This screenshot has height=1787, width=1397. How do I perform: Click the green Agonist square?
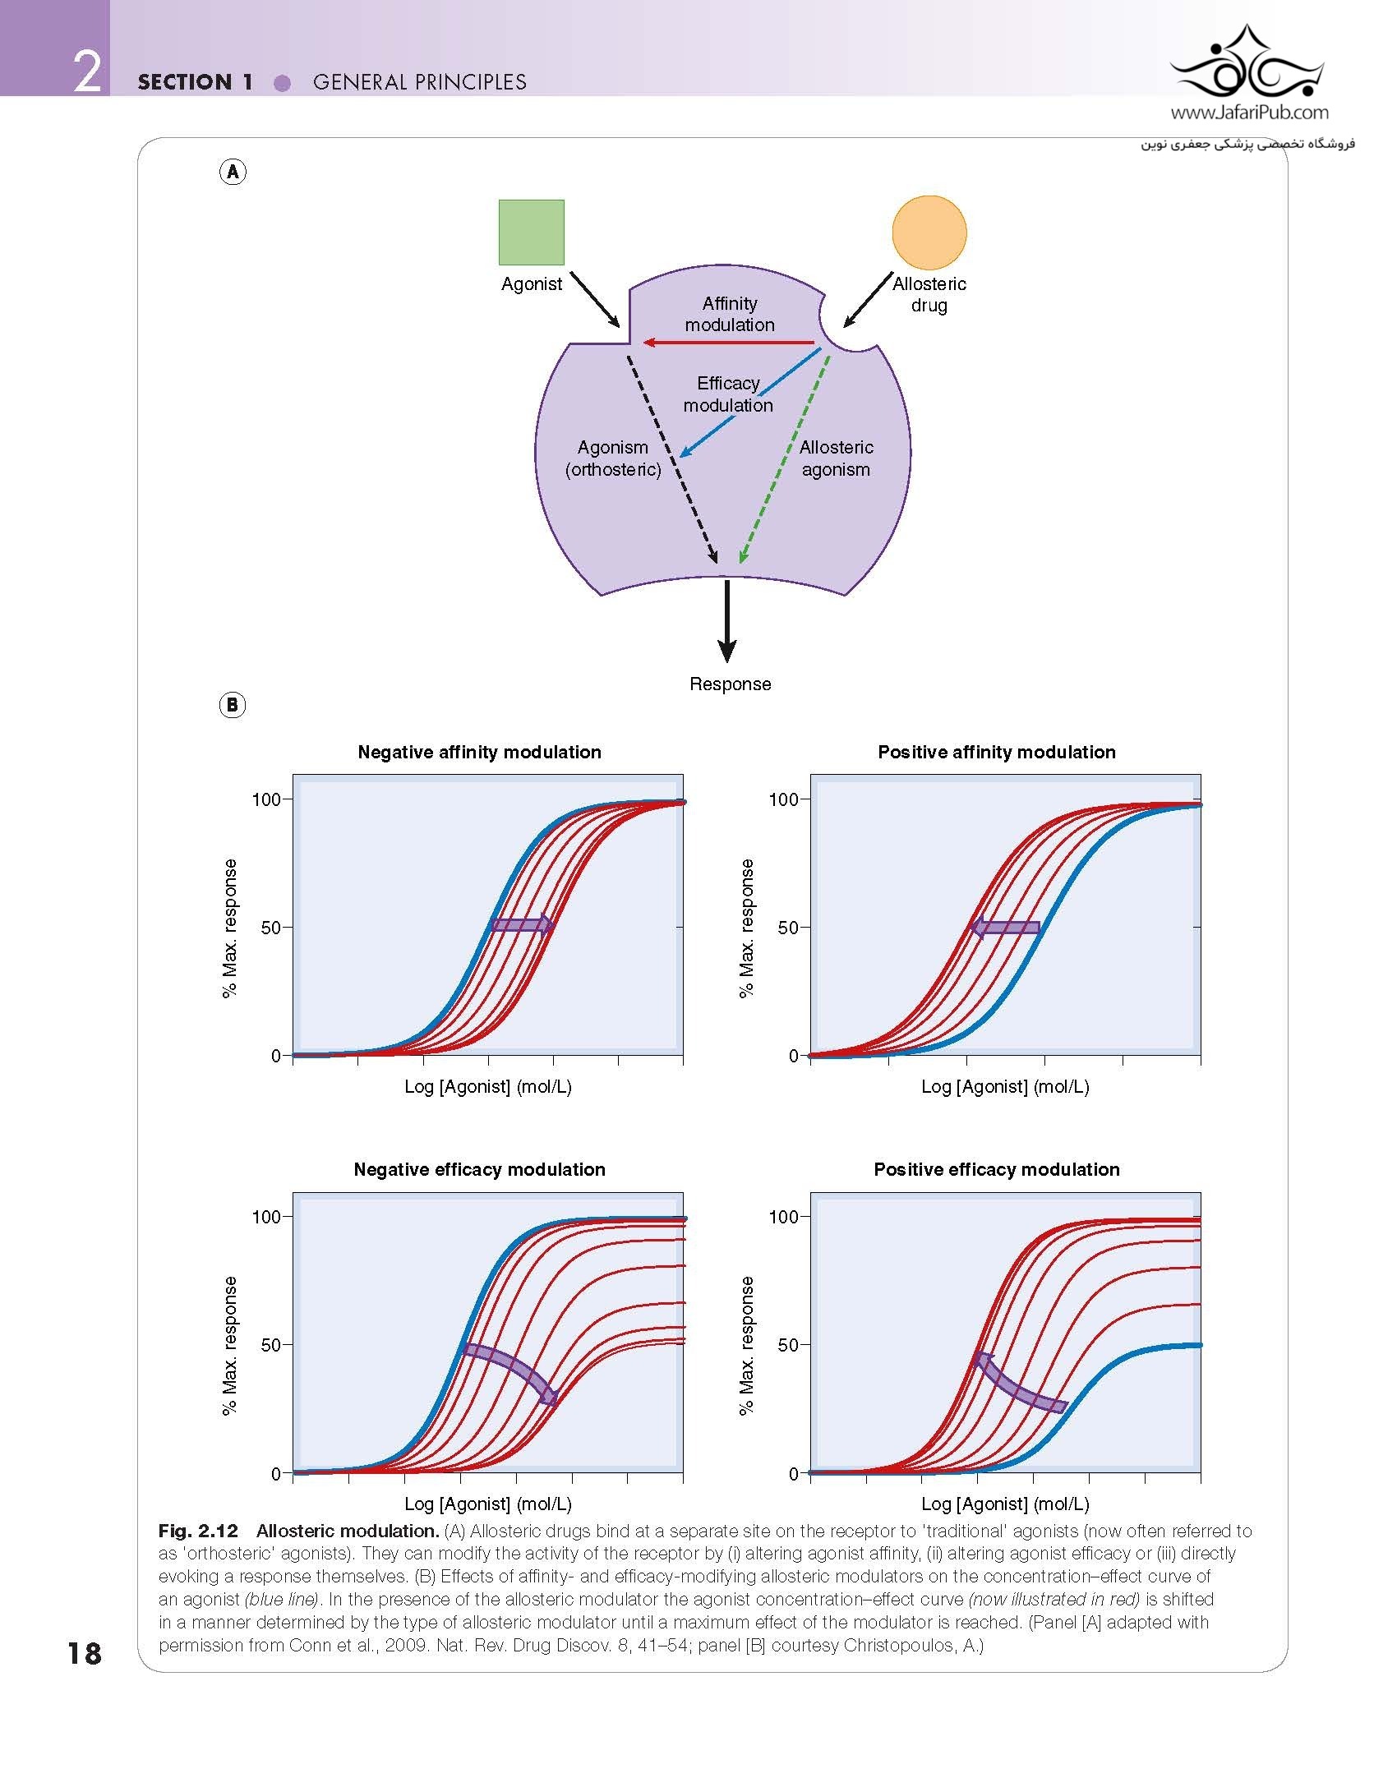(x=531, y=232)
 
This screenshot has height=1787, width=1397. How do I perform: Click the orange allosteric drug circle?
(x=929, y=233)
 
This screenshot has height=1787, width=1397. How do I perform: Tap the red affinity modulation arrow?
(x=728, y=343)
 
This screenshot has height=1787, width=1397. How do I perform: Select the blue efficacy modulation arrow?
(x=750, y=402)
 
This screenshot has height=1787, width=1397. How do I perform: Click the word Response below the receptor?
(x=731, y=684)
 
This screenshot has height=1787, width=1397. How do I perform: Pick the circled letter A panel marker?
(x=233, y=172)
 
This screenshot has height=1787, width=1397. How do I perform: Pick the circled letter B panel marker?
(x=233, y=705)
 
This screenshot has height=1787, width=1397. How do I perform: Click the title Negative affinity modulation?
(x=479, y=752)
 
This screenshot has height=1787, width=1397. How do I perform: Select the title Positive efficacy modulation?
(x=997, y=1169)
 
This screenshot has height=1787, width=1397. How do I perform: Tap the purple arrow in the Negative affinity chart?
(x=522, y=925)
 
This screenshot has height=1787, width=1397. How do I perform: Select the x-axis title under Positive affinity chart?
(x=1005, y=1086)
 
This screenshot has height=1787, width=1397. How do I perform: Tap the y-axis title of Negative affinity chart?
(x=229, y=928)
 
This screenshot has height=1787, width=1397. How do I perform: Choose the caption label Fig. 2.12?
(x=198, y=1531)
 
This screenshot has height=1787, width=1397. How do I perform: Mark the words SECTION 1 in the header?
(x=196, y=82)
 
